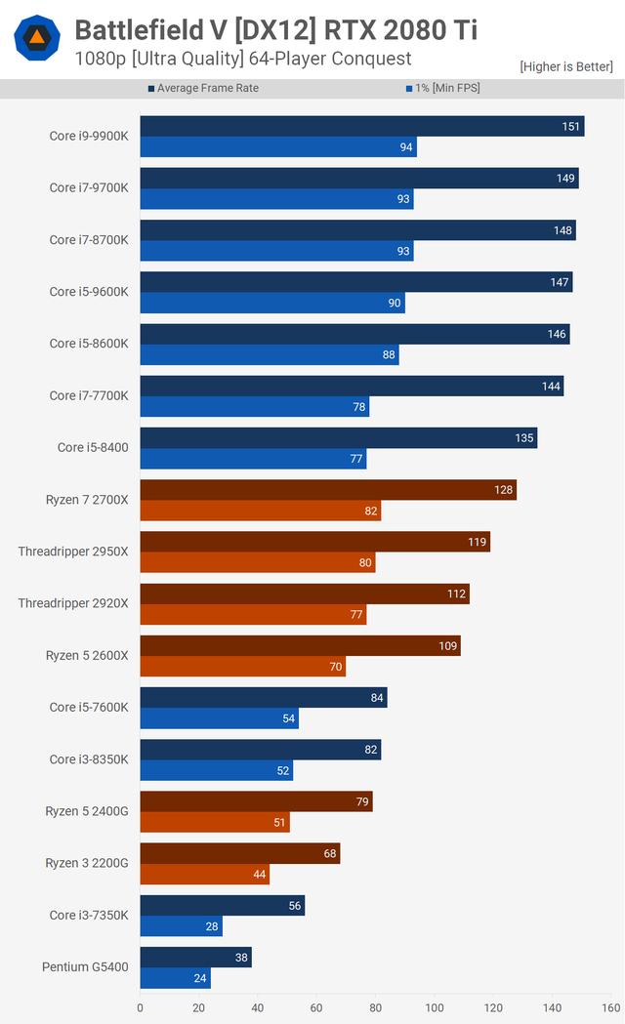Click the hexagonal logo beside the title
pos(37,39)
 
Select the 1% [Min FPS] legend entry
pos(442,89)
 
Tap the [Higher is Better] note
pos(566,66)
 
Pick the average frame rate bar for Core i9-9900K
pos(361,126)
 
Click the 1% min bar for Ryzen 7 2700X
pos(260,511)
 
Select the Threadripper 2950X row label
pos(73,552)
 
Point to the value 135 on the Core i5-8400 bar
pos(524,438)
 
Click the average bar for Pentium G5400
pos(195,958)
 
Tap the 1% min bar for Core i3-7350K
pos(181,926)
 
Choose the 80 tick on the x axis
pos(376,1008)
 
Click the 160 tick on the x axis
pos(611,1008)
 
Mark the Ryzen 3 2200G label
pos(87,863)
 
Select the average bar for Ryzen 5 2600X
pos(300,645)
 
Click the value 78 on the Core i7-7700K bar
pos(358,407)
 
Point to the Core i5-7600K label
pos(89,707)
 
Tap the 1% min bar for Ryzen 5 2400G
pos(215,823)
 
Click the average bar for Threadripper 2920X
pos(304,594)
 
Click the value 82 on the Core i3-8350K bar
pos(369,750)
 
